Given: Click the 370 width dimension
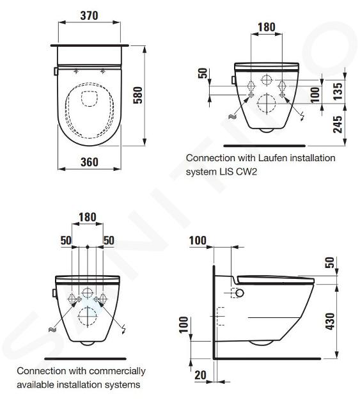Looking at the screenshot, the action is click(89, 15).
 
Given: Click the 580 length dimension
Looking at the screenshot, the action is click(137, 95).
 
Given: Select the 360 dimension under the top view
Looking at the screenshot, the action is click(90, 162).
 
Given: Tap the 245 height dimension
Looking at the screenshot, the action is click(338, 124).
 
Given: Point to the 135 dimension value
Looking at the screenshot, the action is click(338, 91).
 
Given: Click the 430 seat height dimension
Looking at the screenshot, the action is click(331, 321).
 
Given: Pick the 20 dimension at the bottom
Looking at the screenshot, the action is click(200, 375).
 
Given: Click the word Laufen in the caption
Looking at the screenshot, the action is click(272, 158).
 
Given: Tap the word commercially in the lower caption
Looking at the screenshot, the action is click(117, 371).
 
